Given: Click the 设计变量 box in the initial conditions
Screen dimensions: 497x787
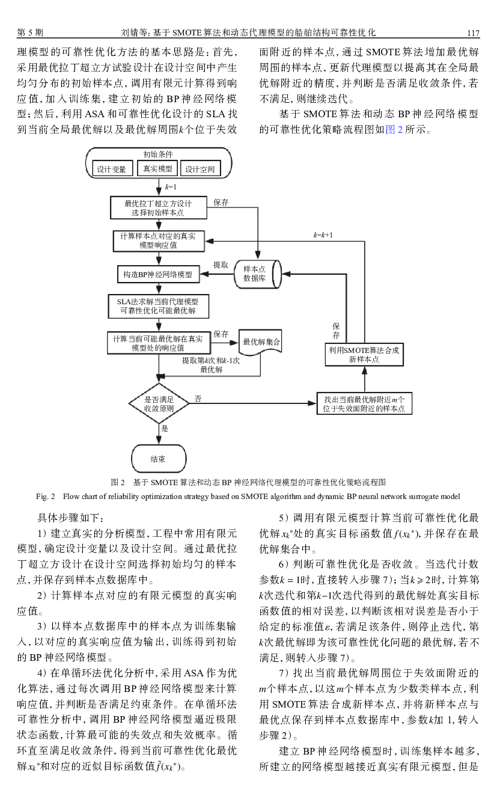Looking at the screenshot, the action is pyautogui.click(x=112, y=169).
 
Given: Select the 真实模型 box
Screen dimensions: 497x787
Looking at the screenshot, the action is pyautogui.click(x=157, y=168).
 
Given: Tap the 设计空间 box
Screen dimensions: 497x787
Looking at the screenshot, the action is pyautogui.click(x=200, y=169).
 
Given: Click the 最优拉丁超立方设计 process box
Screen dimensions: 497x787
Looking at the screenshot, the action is pyautogui.click(x=159, y=208).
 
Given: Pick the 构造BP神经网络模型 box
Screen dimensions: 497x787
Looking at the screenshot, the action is pyautogui.click(x=159, y=274).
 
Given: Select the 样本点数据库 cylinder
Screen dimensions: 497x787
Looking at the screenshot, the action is pyautogui.click(x=258, y=274).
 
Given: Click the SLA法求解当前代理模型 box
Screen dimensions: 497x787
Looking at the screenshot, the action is pyautogui.click(x=159, y=306).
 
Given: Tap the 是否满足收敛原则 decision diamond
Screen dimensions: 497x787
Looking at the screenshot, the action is pyautogui.click(x=159, y=403).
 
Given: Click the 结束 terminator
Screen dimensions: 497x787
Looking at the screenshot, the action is pyautogui.click(x=159, y=459).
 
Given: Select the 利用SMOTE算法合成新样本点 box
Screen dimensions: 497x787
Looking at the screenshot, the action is pyautogui.click(x=364, y=355).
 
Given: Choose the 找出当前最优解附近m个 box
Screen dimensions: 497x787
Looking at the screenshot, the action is pyautogui.click(x=364, y=403).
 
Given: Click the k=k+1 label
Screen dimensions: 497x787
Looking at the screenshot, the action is pyautogui.click(x=323, y=235).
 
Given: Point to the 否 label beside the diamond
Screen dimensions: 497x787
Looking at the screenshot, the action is pyautogui.click(x=198, y=399).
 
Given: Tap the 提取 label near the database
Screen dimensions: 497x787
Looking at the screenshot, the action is pyautogui.click(x=221, y=265).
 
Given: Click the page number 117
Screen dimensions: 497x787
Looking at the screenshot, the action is pyautogui.click(x=473, y=33).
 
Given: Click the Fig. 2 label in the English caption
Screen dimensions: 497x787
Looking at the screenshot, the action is pyautogui.click(x=46, y=497).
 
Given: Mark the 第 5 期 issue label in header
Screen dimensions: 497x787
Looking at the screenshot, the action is pyautogui.click(x=30, y=32).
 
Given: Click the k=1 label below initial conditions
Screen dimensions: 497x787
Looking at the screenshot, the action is pyautogui.click(x=171, y=187).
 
